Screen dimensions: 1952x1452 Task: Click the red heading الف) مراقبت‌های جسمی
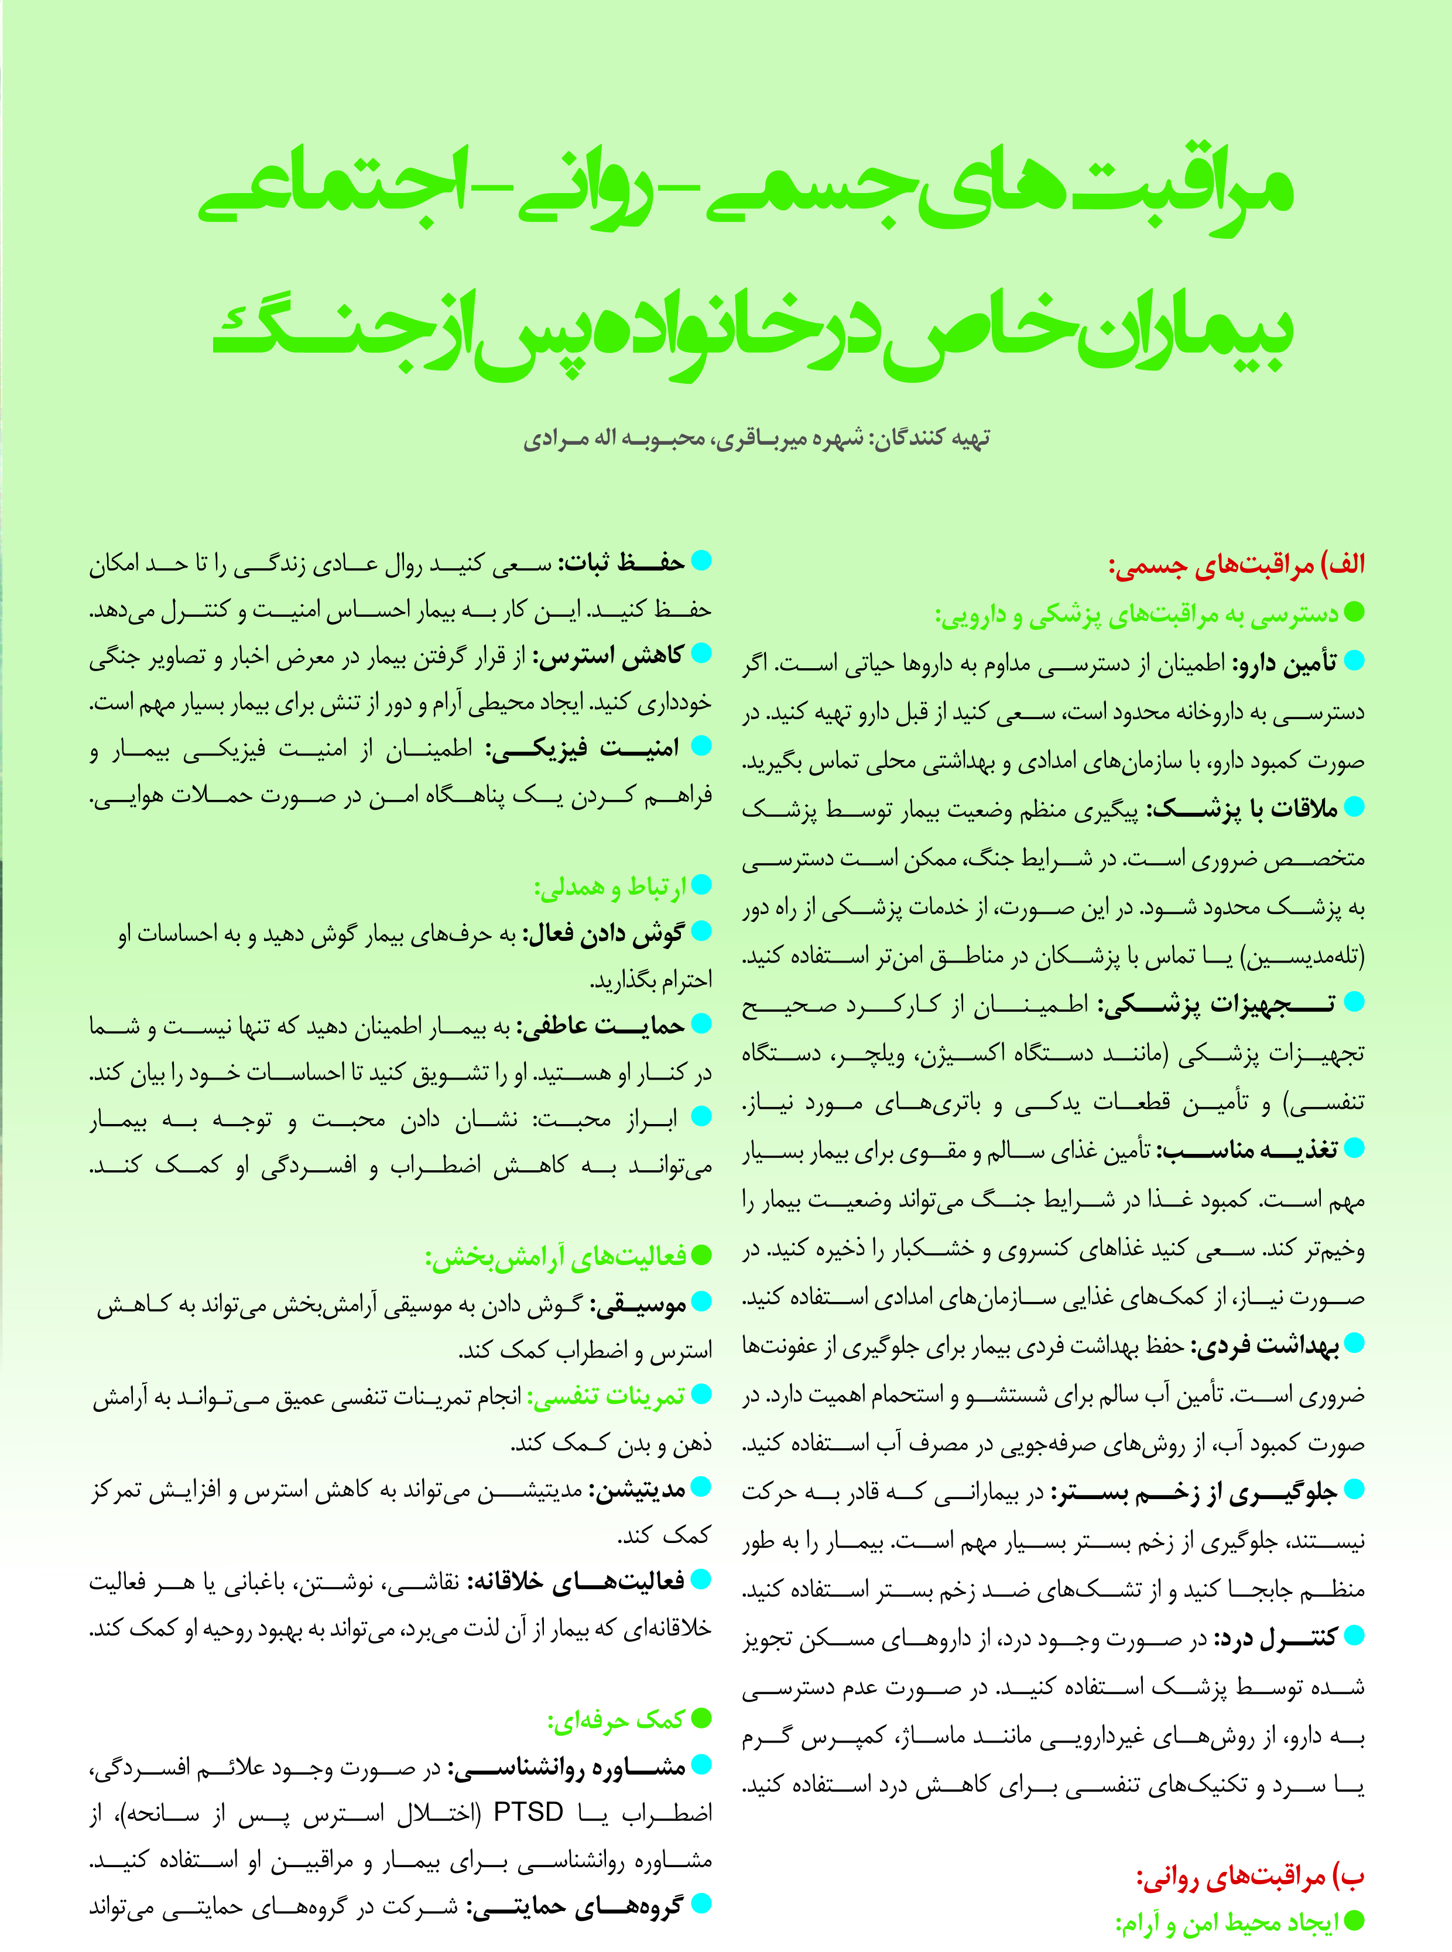pyautogui.click(x=1236, y=564)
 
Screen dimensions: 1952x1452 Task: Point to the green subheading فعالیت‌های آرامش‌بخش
pyautogui.click(x=556, y=1257)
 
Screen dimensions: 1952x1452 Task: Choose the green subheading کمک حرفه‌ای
pyautogui.click(x=616, y=1720)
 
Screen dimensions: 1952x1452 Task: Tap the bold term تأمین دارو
pyautogui.click(x=1283, y=664)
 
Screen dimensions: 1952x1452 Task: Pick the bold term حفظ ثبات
pyautogui.click(x=622, y=563)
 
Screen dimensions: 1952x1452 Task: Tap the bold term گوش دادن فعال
pyautogui.click(x=603, y=934)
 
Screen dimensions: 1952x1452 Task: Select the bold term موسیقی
pyautogui.click(x=637, y=1305)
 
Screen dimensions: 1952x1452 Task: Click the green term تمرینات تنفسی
pyautogui.click(x=605, y=1397)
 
